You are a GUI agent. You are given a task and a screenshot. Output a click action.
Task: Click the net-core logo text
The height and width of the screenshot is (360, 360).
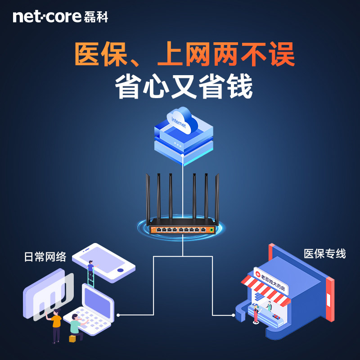[47, 17]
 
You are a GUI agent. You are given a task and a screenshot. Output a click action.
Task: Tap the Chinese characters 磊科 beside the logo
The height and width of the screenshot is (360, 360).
[96, 17]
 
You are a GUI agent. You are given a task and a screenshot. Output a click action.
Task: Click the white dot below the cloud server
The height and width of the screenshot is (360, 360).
[182, 155]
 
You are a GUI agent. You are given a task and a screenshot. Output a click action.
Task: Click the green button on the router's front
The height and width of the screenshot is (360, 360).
[210, 230]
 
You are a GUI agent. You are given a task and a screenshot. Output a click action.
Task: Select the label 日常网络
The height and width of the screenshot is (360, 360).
[45, 257]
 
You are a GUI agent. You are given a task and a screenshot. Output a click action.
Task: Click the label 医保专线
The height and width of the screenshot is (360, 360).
[324, 253]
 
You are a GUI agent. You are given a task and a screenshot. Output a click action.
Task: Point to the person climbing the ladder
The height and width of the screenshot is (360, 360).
[91, 270]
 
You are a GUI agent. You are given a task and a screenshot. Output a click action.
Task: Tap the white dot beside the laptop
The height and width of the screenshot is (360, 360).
[118, 314]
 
